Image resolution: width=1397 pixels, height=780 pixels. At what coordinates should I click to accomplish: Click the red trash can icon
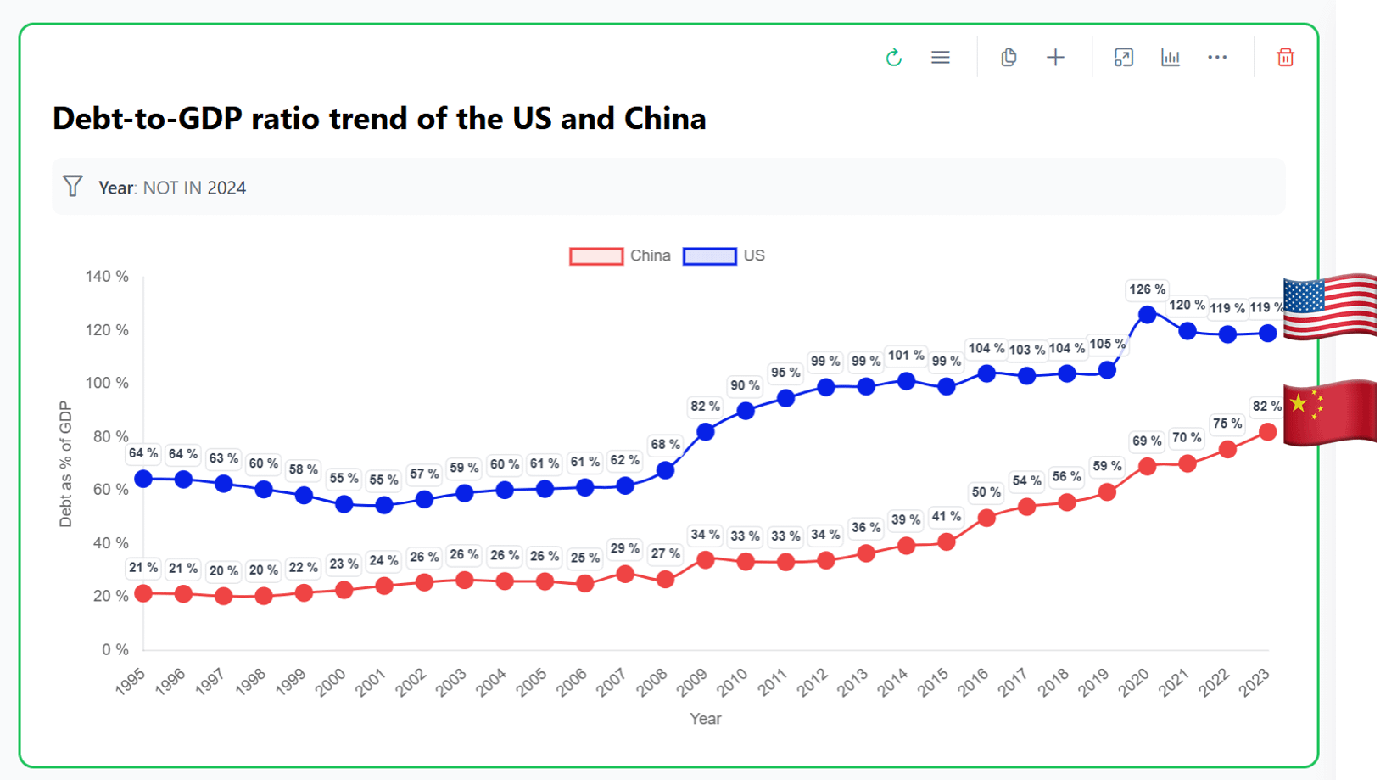(x=1285, y=57)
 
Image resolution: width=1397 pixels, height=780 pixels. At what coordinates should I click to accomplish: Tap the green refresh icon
(x=893, y=58)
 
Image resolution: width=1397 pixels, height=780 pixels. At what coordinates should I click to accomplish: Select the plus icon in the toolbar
(x=1055, y=57)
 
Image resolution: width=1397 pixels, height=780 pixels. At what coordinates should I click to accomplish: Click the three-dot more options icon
(x=1217, y=57)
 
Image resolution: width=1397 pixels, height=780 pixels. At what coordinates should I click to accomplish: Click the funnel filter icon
(x=73, y=187)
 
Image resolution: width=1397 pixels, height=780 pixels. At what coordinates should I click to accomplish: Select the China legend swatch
(x=596, y=255)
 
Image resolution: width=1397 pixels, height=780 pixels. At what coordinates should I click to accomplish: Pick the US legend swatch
(x=710, y=255)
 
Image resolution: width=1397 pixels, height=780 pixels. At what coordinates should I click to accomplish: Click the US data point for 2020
(x=1148, y=314)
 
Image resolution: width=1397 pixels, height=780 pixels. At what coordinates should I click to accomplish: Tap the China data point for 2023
(x=1268, y=432)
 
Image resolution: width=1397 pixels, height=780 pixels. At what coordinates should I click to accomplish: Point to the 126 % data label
(x=1147, y=289)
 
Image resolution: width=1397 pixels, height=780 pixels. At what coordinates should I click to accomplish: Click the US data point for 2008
(x=666, y=469)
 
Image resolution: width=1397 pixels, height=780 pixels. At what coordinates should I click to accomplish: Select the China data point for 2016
(x=986, y=518)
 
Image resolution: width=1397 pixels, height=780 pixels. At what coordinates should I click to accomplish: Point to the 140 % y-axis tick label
(x=107, y=276)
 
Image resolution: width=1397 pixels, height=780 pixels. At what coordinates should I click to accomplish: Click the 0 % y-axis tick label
(x=115, y=649)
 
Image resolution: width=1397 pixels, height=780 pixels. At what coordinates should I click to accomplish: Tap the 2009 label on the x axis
(x=692, y=682)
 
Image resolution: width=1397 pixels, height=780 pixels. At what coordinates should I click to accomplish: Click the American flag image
(x=1329, y=306)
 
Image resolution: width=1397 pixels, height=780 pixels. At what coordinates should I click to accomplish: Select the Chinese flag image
(x=1329, y=412)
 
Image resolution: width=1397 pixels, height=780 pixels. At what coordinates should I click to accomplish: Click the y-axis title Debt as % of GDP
(x=65, y=464)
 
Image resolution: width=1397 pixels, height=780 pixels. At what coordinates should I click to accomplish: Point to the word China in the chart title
(x=665, y=118)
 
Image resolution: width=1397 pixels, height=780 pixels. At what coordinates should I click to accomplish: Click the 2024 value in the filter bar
(x=226, y=188)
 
